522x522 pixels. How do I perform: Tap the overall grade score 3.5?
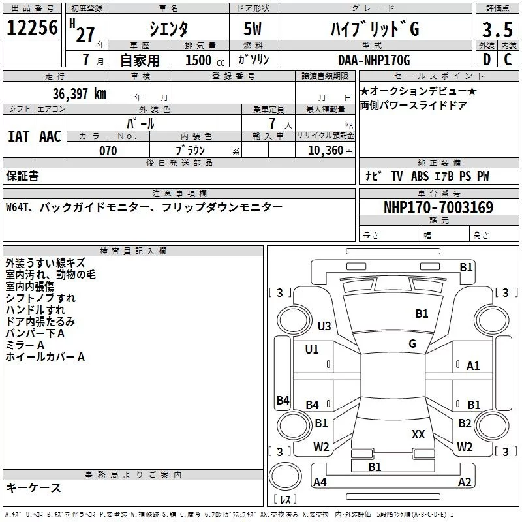[x=497, y=29]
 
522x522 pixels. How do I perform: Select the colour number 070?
[x=108, y=151]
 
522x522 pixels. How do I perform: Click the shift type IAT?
[x=18, y=136]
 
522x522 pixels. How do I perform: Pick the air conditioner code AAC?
[x=50, y=136]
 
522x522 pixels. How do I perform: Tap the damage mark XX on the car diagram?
[x=418, y=434]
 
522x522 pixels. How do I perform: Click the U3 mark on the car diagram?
[x=324, y=326]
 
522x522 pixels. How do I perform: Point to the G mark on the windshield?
[x=412, y=343]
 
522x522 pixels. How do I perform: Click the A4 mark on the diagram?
[x=320, y=482]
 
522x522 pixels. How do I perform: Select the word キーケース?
[x=33, y=488]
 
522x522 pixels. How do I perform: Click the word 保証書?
[x=22, y=176]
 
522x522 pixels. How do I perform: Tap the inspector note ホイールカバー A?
[x=45, y=357]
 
